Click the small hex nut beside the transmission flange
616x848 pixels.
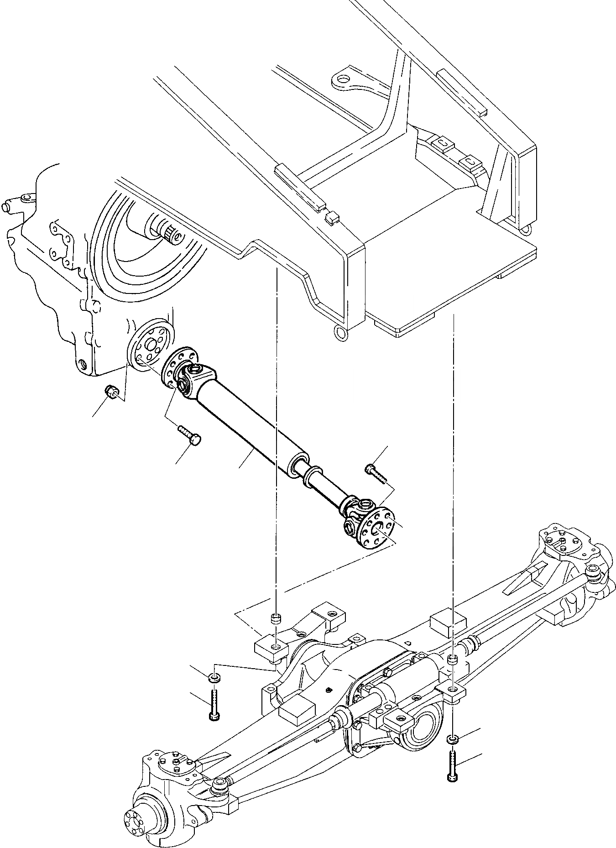(x=111, y=391)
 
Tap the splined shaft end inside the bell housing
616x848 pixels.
(x=171, y=235)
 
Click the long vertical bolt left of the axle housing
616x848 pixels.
(x=214, y=706)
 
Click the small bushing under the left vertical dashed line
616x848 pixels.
(x=276, y=619)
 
